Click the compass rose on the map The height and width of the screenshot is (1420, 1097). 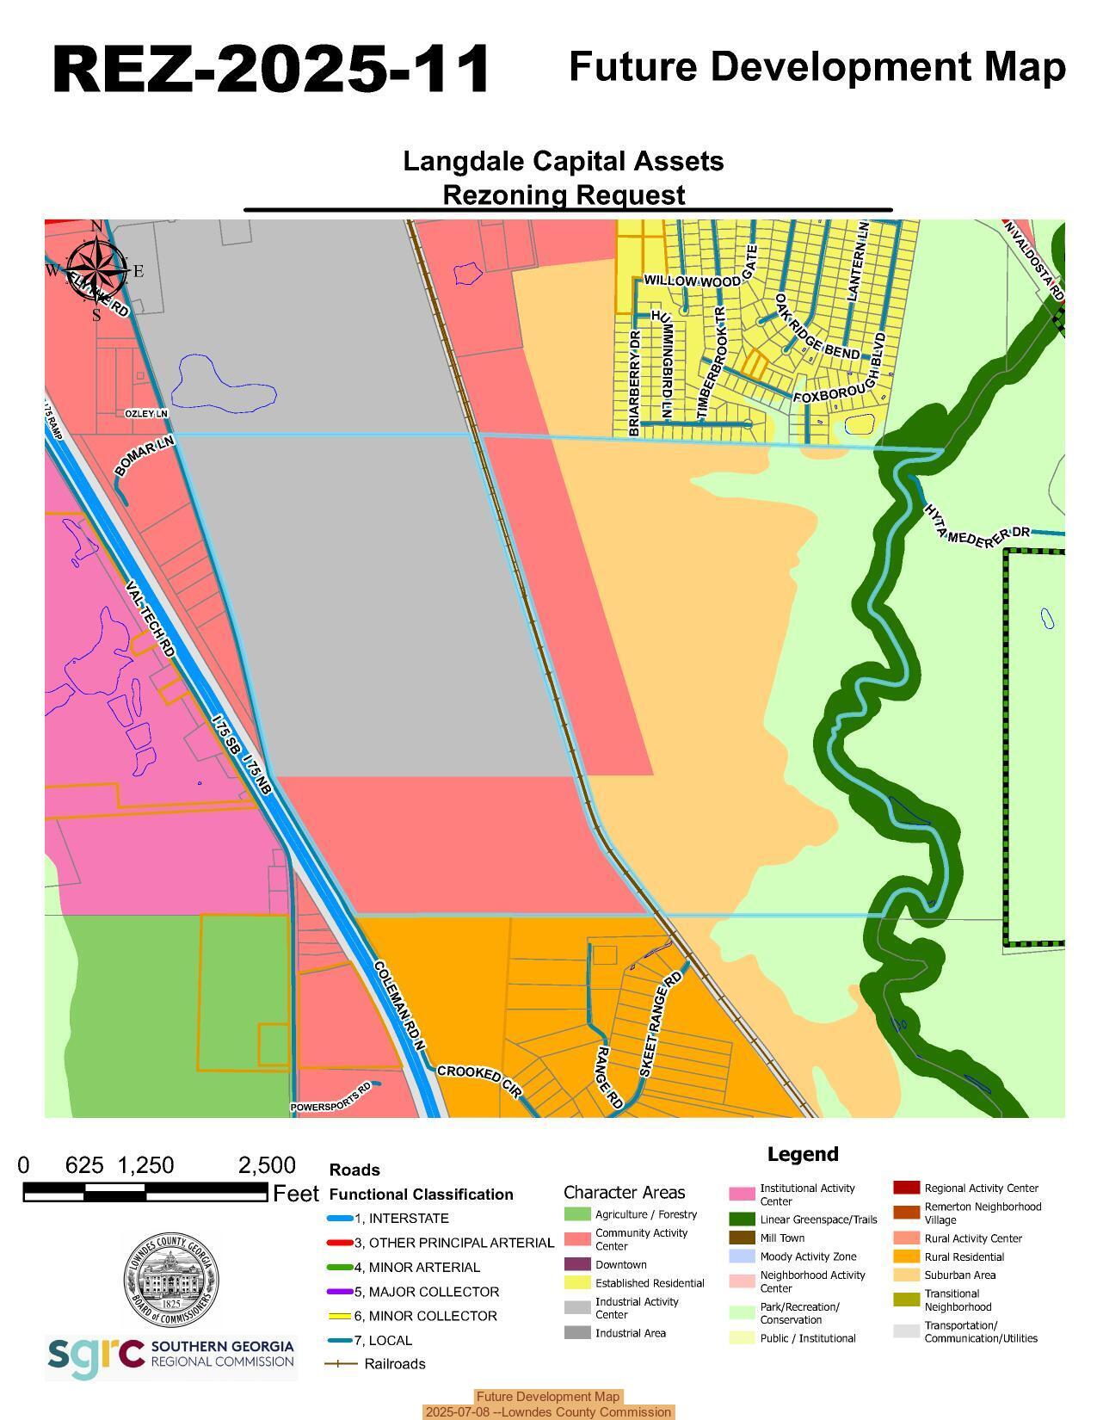point(96,269)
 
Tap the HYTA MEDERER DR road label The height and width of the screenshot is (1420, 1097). point(977,524)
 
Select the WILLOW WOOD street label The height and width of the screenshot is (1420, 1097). point(692,281)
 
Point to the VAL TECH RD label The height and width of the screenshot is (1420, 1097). point(151,619)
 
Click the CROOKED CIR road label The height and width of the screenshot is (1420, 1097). point(479,1082)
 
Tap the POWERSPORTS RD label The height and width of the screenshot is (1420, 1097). point(330,1096)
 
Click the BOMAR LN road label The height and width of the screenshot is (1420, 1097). point(145,455)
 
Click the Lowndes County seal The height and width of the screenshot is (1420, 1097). point(170,1279)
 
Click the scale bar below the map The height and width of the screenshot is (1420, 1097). point(145,1192)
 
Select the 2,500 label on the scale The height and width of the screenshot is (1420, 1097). point(267,1165)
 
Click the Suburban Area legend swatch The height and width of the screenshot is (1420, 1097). point(906,1275)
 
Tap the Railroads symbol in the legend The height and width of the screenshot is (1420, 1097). point(341,1364)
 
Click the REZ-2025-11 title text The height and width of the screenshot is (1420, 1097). point(271,69)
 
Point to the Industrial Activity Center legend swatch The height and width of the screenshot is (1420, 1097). point(577,1307)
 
